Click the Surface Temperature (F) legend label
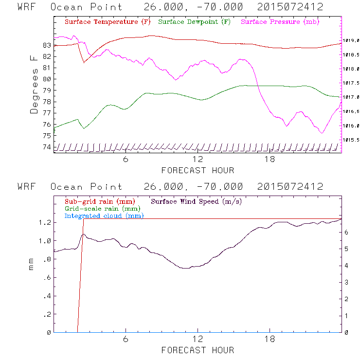[108, 22]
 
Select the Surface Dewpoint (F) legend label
[195, 22]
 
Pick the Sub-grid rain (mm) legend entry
[99, 201]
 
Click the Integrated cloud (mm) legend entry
[104, 216]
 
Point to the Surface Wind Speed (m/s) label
[196, 201]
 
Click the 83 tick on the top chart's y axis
[47, 45]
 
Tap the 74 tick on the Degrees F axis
[47, 147]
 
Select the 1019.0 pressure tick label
[351, 41]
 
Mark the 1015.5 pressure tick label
[351, 140]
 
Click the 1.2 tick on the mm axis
[45, 222]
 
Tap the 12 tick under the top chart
[198, 160]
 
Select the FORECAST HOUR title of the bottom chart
[198, 350]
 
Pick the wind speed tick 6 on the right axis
[346, 233]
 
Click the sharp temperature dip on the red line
[84, 62]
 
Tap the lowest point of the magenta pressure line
[322, 132]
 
